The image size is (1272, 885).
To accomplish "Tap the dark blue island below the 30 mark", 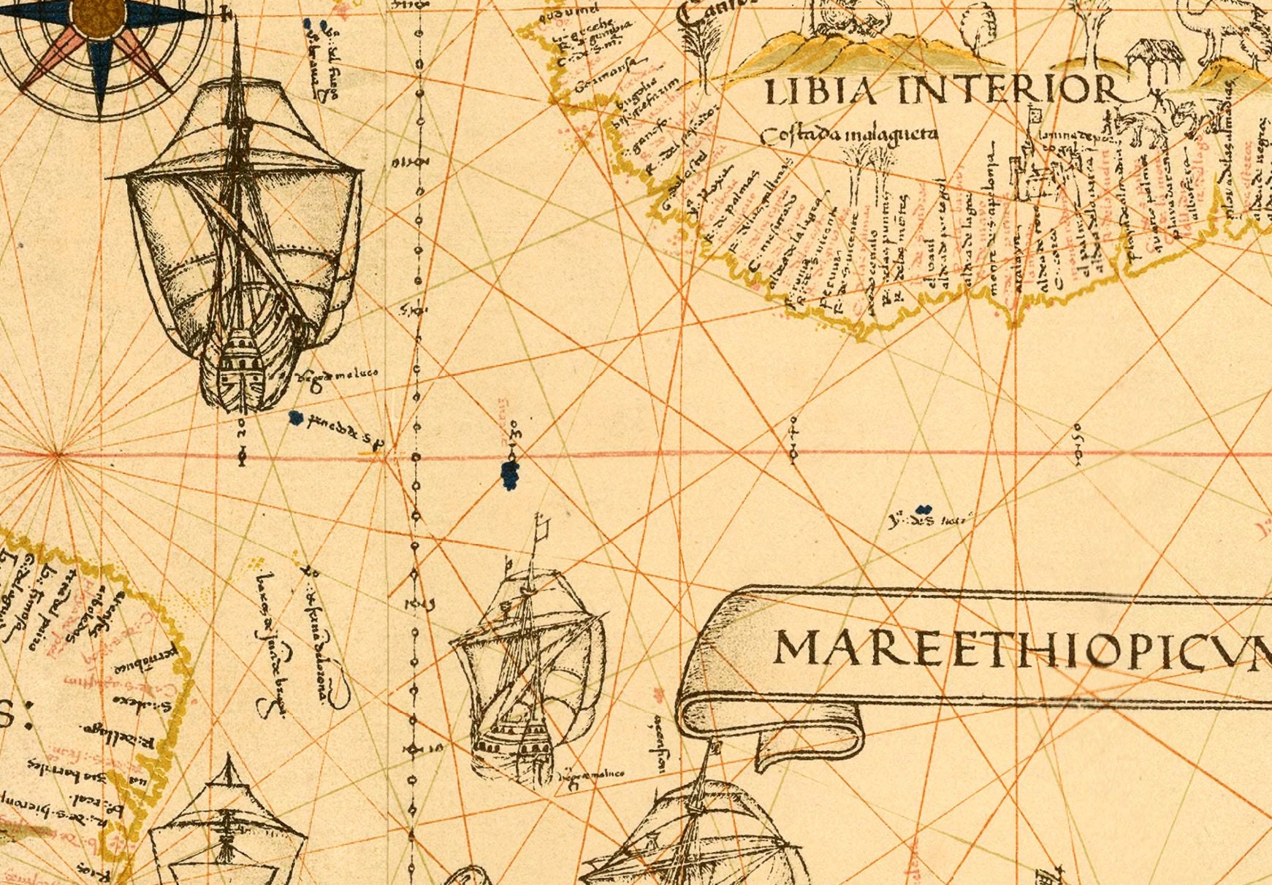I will click(x=511, y=475).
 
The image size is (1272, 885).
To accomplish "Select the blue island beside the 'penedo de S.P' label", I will click(x=295, y=418).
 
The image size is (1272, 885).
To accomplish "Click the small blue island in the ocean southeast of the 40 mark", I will click(x=923, y=509).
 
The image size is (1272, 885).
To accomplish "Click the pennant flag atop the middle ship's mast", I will click(x=542, y=524).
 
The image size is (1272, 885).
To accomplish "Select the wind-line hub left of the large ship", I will click(x=56, y=454).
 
